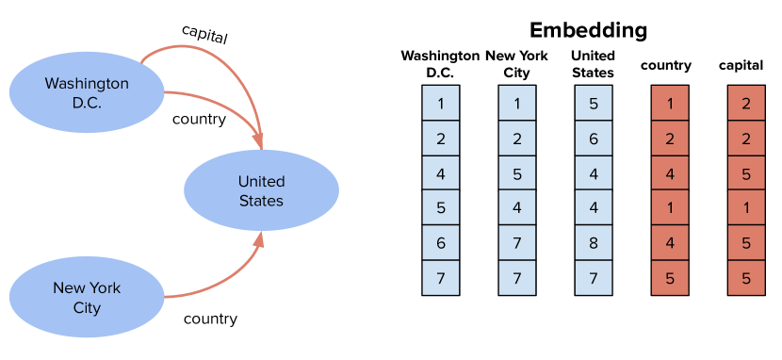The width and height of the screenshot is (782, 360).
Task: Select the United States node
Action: click(x=261, y=190)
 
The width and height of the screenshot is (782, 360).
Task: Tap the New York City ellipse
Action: click(x=86, y=298)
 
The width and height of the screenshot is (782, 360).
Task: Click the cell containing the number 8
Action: click(x=594, y=242)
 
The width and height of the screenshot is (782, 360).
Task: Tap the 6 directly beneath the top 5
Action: click(x=594, y=139)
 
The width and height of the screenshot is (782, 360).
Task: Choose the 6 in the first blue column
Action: click(x=441, y=242)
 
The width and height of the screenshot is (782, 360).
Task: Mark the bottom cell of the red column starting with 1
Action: click(x=670, y=278)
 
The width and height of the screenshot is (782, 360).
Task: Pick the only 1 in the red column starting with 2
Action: click(x=746, y=208)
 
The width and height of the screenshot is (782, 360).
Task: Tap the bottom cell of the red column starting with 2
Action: click(x=746, y=278)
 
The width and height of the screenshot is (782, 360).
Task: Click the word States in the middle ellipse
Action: click(x=261, y=201)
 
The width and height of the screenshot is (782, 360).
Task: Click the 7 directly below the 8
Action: click(x=594, y=278)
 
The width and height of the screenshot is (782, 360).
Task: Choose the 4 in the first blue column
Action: click(x=441, y=173)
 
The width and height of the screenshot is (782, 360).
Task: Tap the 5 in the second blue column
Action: click(x=517, y=173)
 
